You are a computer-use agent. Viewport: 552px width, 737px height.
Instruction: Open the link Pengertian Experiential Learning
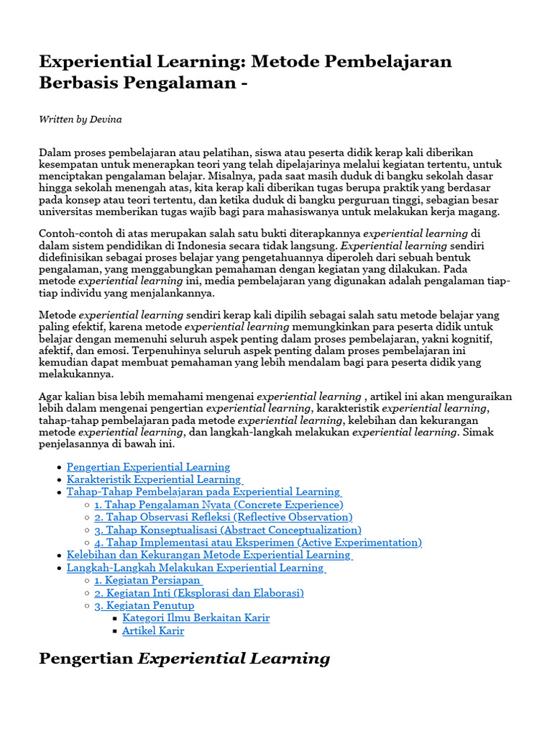pos(148,467)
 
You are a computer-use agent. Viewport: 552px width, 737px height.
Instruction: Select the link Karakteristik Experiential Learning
pos(154,479)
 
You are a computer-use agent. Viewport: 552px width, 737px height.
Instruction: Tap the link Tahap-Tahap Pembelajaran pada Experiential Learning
pos(203,492)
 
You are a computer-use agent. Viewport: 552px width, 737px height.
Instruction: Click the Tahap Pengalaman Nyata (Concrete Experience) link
pos(218,505)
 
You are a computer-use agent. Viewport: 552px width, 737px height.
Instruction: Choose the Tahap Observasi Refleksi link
pos(223,517)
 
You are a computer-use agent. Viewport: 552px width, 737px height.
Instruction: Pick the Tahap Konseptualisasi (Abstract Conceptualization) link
pos(227,530)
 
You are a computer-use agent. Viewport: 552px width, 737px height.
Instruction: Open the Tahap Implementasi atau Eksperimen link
pos(257,543)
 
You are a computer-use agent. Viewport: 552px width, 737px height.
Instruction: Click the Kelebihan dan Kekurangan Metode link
pos(208,555)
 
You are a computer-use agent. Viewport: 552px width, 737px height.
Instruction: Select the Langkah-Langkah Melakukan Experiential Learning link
pos(195,568)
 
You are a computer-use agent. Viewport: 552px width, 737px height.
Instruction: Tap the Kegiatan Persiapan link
pos(147,580)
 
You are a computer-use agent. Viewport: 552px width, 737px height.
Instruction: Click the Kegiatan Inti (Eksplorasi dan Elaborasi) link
pos(198,593)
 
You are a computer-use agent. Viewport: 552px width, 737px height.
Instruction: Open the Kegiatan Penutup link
pos(144,605)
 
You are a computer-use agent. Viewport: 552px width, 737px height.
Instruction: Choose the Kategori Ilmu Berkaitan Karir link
pos(195,618)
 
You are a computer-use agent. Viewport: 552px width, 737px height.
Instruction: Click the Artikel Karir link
pos(153,630)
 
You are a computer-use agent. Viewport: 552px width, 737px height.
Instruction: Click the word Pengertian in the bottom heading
pos(86,658)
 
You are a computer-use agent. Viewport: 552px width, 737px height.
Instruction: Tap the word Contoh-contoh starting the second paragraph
pos(73,234)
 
